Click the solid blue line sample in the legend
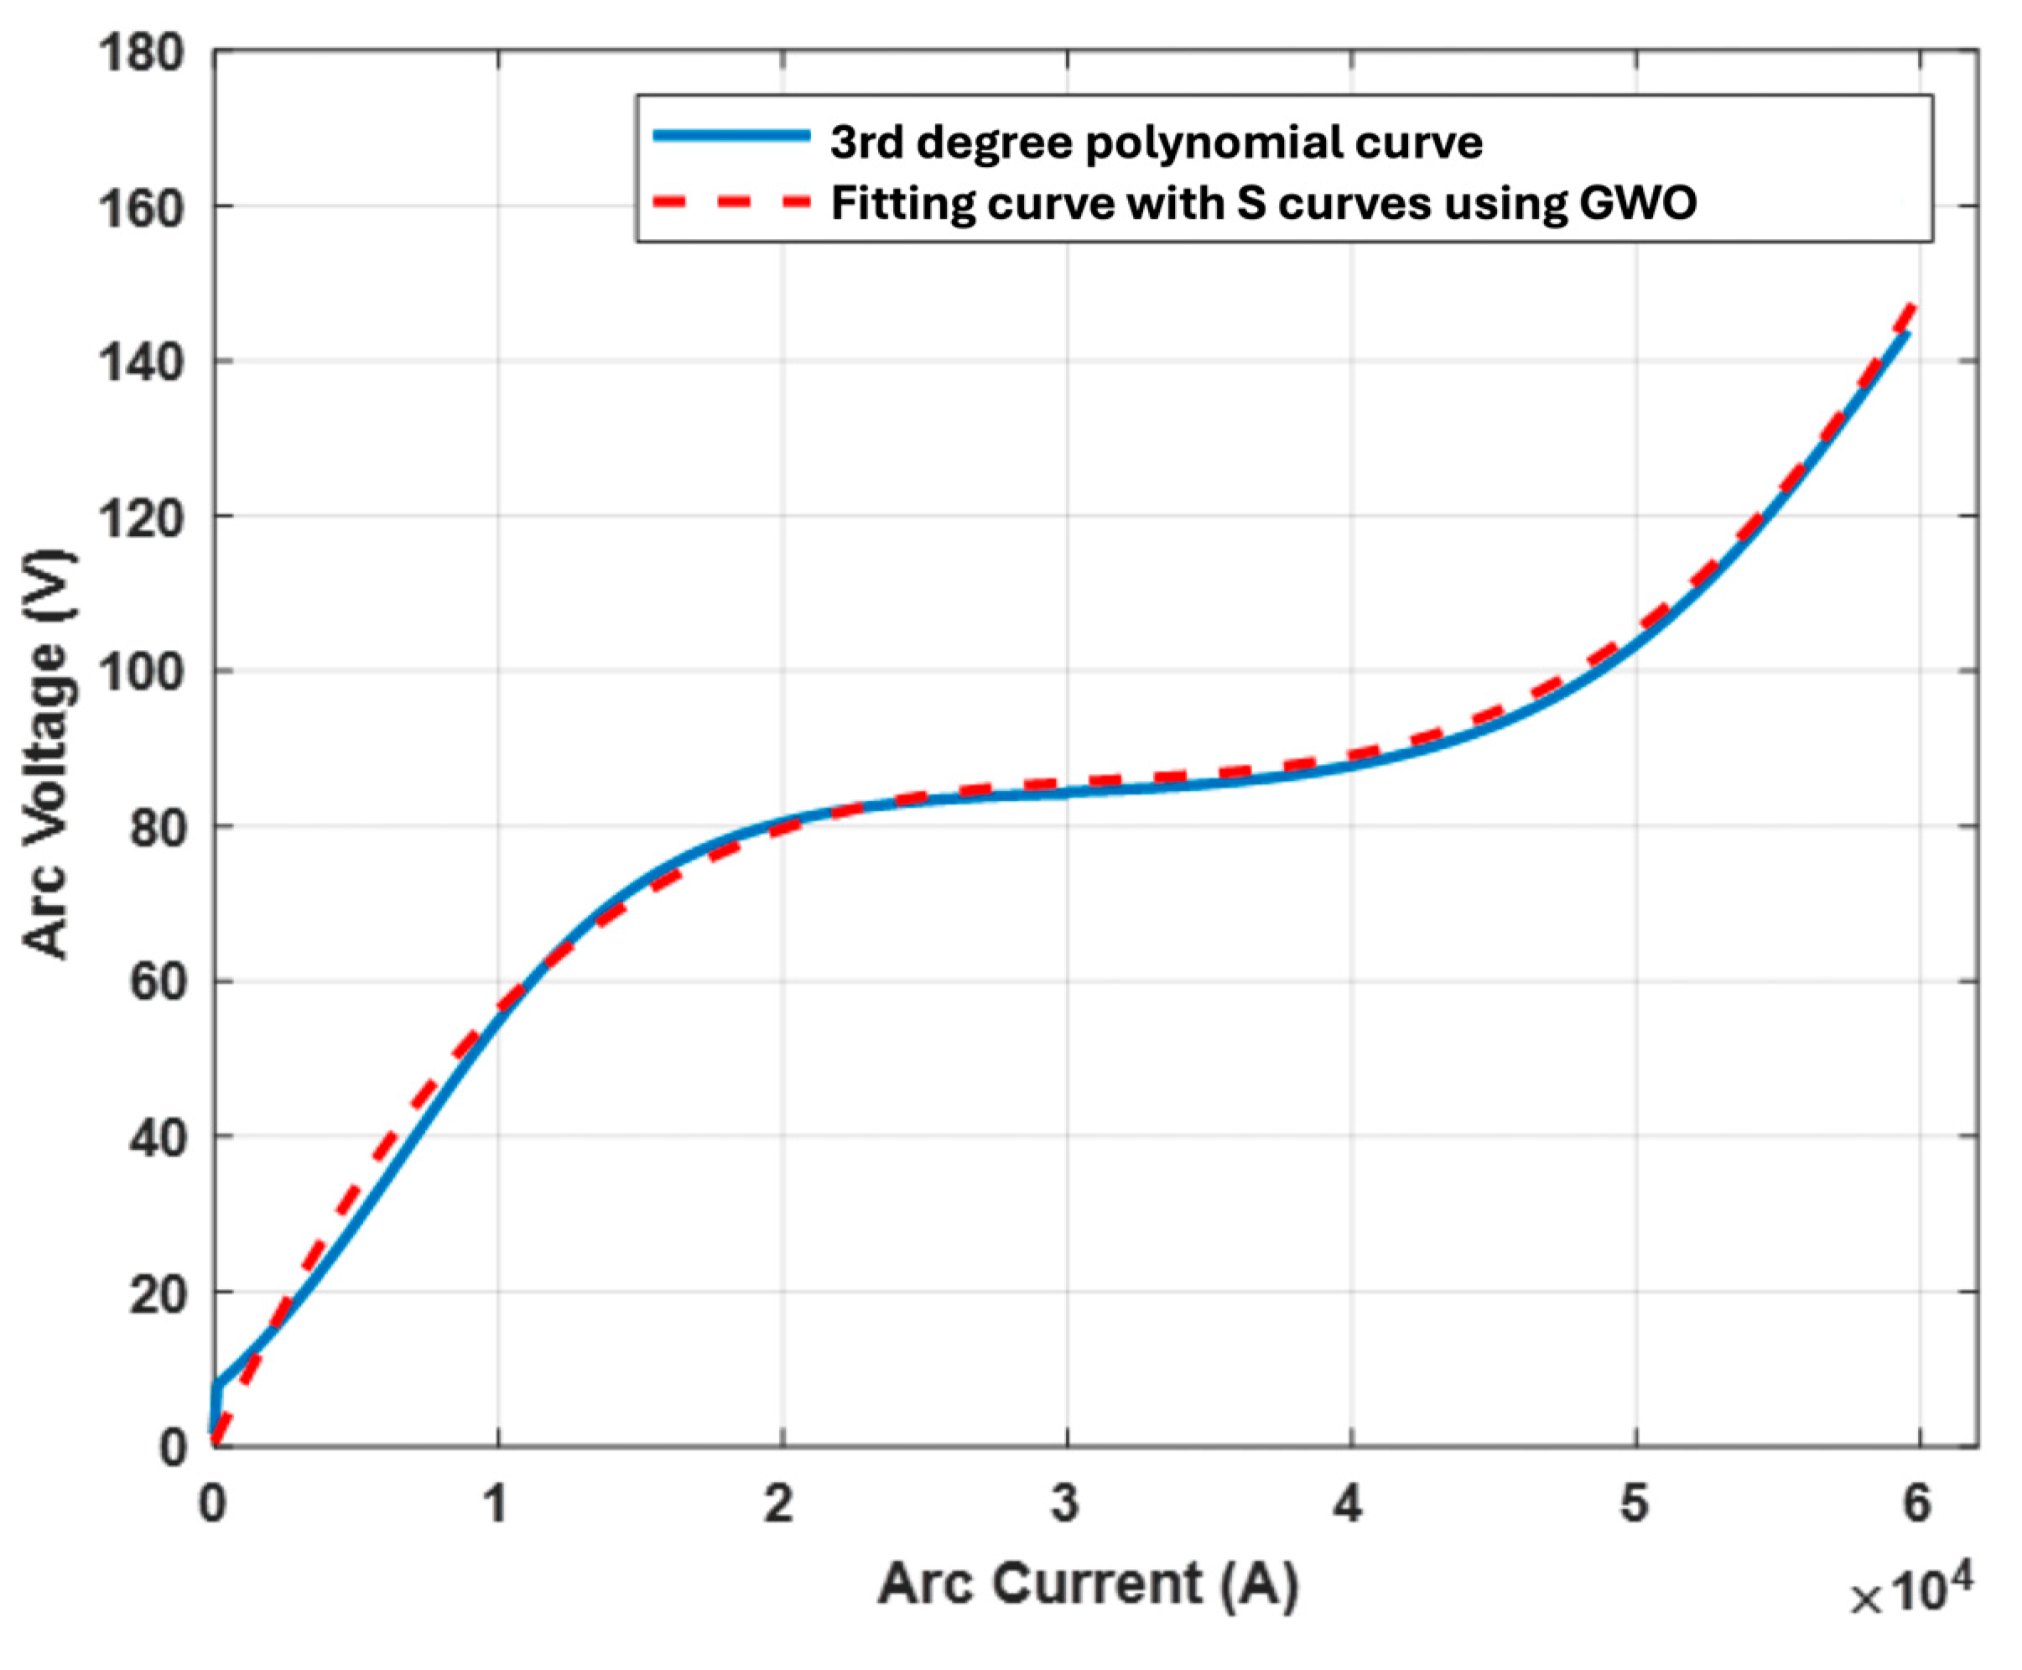(x=731, y=136)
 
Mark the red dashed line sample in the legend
(x=731, y=201)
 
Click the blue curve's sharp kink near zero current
(x=217, y=1386)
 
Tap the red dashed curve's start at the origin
(x=216, y=1443)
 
